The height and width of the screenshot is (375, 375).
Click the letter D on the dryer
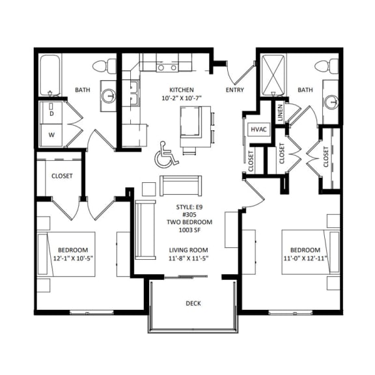pyautogui.click(x=52, y=113)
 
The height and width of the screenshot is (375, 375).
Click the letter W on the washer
pyautogui.click(x=52, y=136)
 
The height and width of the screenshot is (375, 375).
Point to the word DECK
pyautogui.click(x=193, y=303)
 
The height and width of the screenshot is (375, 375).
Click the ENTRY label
pyautogui.click(x=234, y=90)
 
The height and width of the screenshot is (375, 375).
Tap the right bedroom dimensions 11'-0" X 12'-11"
pyautogui.click(x=305, y=259)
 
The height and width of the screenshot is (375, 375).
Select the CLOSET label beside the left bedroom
pyautogui.click(x=62, y=176)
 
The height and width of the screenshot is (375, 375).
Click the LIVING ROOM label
pyautogui.click(x=188, y=250)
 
